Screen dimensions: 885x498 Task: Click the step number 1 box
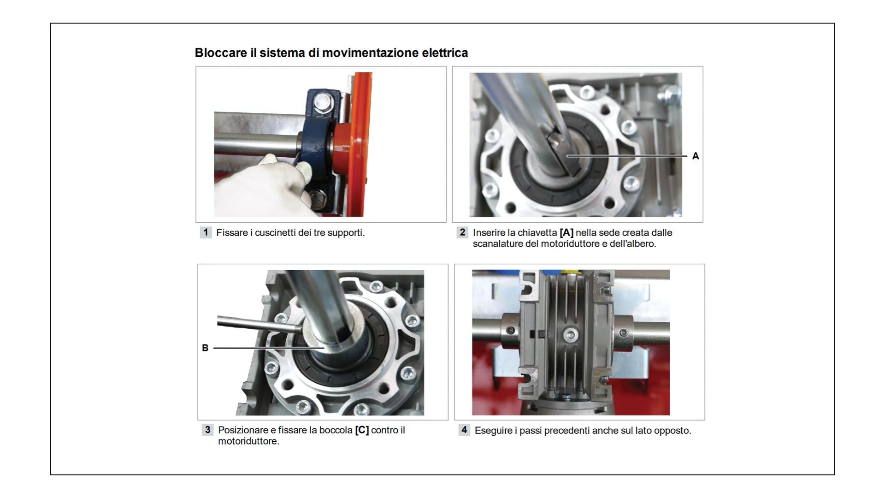tap(206, 232)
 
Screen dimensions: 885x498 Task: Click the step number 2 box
tap(462, 232)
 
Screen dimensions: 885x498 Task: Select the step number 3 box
tap(207, 430)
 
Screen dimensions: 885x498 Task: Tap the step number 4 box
tap(464, 430)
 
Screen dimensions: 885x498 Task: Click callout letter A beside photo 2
tap(696, 156)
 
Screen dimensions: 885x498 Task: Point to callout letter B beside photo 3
tap(205, 348)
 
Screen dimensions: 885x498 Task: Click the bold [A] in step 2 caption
tap(566, 233)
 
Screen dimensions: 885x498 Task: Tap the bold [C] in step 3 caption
tap(362, 430)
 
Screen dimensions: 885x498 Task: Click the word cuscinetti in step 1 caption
tap(275, 233)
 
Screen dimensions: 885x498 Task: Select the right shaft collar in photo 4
tap(623, 332)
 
